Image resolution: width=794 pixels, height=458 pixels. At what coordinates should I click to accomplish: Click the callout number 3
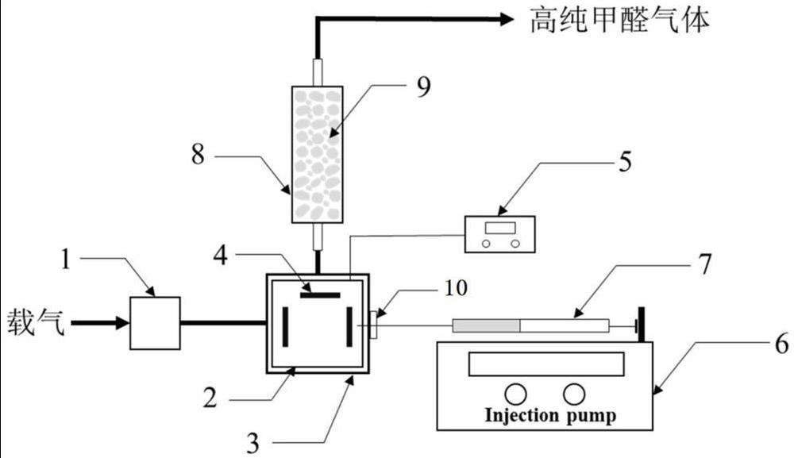tap(252, 441)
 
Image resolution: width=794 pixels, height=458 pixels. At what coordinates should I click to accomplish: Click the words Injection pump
tap(549, 415)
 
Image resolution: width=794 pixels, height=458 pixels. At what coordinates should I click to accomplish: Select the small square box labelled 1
tap(156, 322)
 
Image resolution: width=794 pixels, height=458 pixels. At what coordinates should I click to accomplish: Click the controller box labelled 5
tap(501, 233)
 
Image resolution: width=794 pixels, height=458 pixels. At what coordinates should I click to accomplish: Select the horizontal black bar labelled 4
tap(321, 295)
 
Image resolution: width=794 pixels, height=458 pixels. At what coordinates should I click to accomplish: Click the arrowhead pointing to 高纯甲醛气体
tap(507, 20)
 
